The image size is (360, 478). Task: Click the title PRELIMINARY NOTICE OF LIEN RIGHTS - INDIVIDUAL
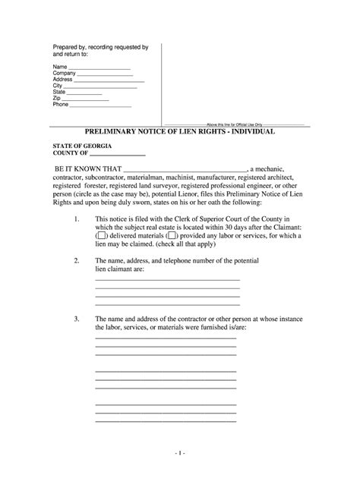click(179, 131)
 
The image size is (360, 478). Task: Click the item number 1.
click(77, 218)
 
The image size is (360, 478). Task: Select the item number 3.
click(77, 321)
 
